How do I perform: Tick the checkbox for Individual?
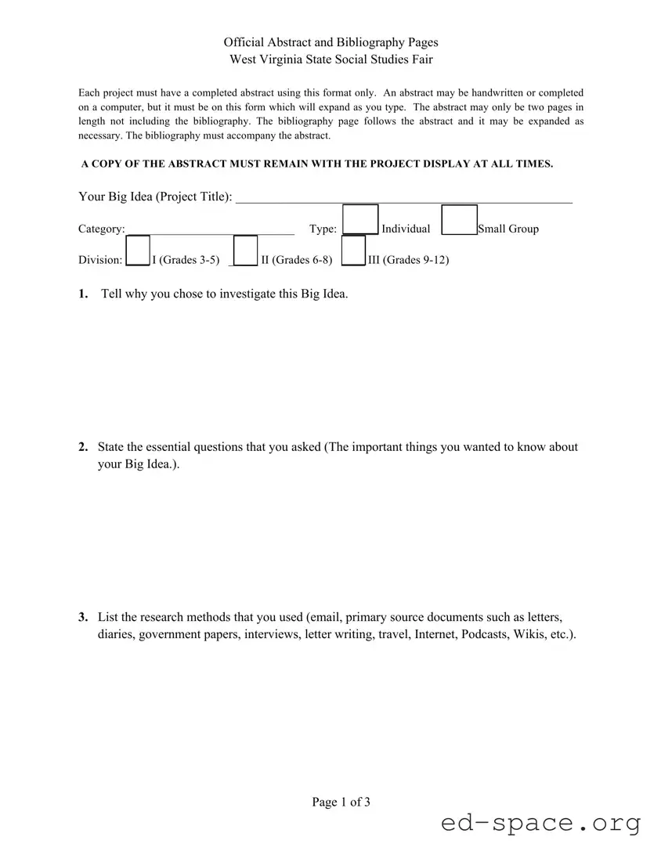[360, 219]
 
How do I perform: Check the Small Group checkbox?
[460, 220]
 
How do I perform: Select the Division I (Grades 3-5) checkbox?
[138, 251]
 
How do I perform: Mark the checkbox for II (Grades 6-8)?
[246, 251]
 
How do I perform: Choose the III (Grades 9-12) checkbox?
[354, 251]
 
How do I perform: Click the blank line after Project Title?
[403, 197]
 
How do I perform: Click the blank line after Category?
[210, 229]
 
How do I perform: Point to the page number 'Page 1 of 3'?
[341, 802]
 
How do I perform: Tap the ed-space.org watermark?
[540, 824]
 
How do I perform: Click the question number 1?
[83, 294]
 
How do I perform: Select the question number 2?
[83, 447]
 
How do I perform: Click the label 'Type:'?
[323, 229]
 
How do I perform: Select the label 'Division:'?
[100, 260]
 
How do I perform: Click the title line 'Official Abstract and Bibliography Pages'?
[330, 42]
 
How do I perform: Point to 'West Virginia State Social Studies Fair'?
[330, 60]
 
